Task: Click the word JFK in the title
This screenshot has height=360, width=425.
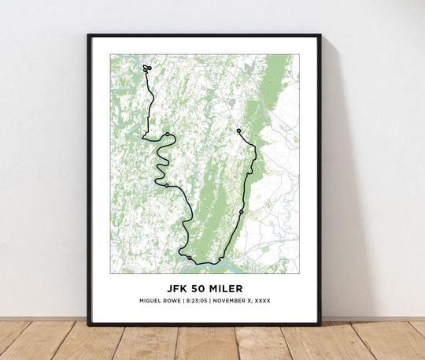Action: click(x=178, y=288)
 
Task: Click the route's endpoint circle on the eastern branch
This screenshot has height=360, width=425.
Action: click(x=238, y=131)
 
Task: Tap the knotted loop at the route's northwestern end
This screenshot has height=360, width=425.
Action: click(x=147, y=69)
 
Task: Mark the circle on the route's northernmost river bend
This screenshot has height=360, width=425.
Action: click(x=168, y=134)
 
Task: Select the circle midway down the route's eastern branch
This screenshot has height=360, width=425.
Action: click(x=242, y=202)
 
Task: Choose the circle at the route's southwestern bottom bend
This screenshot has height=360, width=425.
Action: click(x=190, y=258)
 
